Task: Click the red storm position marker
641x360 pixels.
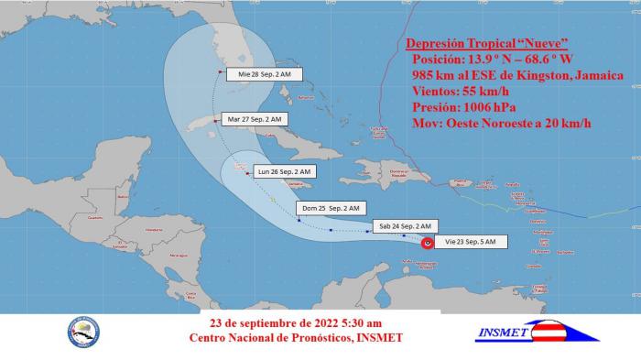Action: [x=428, y=243]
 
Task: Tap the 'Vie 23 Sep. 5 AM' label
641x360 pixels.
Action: [x=471, y=242]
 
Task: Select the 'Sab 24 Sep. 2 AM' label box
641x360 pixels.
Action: [x=404, y=225]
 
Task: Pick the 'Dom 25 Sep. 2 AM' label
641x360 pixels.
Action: [x=338, y=207]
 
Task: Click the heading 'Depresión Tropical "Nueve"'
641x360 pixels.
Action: [x=483, y=44]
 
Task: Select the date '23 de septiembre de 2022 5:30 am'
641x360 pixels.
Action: [x=295, y=323]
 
